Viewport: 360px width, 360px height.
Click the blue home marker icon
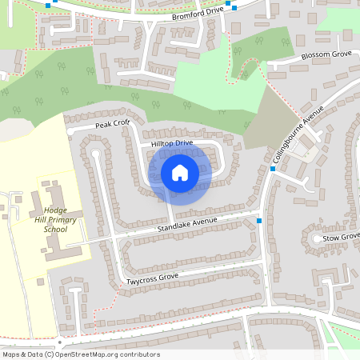(180, 172)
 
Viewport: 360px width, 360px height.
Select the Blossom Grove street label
(326, 56)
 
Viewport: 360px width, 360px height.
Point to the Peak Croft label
(112, 125)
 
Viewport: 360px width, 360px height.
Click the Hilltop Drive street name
(172, 143)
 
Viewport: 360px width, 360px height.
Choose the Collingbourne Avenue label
(298, 134)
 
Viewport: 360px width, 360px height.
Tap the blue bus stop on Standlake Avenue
(259, 220)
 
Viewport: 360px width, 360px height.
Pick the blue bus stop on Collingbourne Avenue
(273, 170)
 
